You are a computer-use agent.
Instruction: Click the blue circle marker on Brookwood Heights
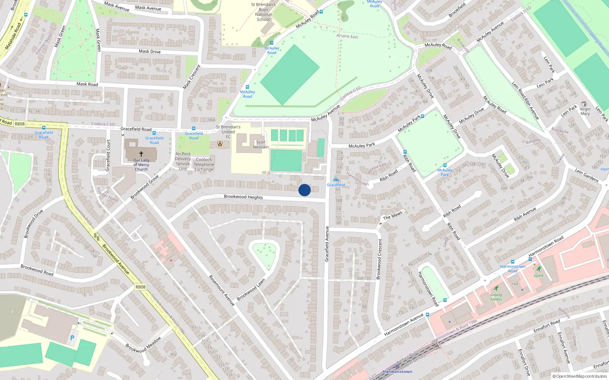(304, 190)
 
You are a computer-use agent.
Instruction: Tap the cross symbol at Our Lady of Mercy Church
(141, 154)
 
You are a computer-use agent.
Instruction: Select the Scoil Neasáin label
(261, 144)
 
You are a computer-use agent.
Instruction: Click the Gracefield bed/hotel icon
(336, 180)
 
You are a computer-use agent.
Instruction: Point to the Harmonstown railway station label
(397, 372)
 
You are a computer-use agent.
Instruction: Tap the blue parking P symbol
(72, 337)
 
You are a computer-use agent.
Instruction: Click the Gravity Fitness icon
(496, 288)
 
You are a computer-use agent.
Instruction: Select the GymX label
(539, 275)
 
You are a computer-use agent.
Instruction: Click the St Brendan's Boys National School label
(263, 12)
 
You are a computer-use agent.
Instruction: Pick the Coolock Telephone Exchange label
(204, 165)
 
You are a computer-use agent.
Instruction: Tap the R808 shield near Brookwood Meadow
(140, 287)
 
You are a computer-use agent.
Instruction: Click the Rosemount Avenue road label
(222, 290)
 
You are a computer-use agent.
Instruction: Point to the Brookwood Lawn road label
(251, 290)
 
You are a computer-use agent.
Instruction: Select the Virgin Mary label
(585, 111)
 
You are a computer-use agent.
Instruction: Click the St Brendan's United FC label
(228, 132)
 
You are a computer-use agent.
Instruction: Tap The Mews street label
(392, 215)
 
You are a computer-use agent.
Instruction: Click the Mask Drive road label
(150, 51)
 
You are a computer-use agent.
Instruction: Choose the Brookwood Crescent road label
(379, 259)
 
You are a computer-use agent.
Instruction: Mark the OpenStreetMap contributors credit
(579, 376)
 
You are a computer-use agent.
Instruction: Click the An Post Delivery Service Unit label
(183, 161)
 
